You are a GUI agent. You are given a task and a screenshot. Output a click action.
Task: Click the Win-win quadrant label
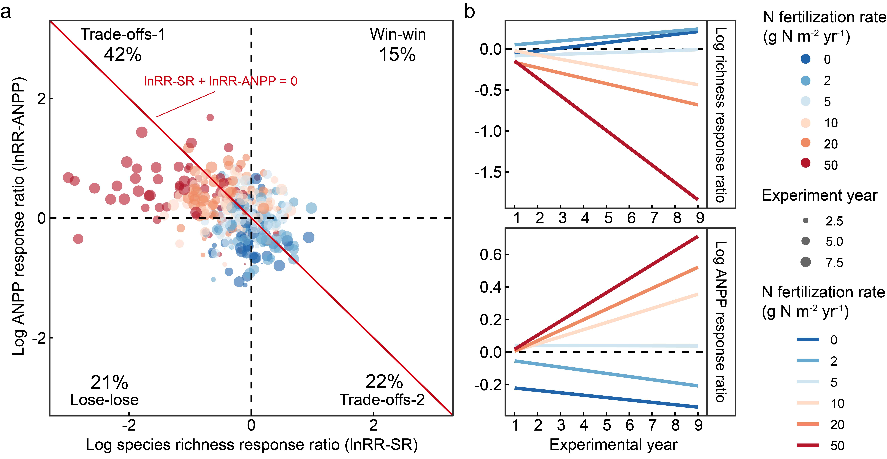click(x=398, y=34)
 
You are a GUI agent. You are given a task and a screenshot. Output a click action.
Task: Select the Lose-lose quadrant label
click(x=104, y=400)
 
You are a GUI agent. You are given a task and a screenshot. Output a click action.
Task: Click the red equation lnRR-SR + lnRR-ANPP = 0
click(x=220, y=81)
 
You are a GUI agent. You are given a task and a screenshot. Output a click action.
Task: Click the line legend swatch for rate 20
click(x=808, y=424)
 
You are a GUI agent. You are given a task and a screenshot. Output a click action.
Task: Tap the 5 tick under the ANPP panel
click(x=607, y=426)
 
